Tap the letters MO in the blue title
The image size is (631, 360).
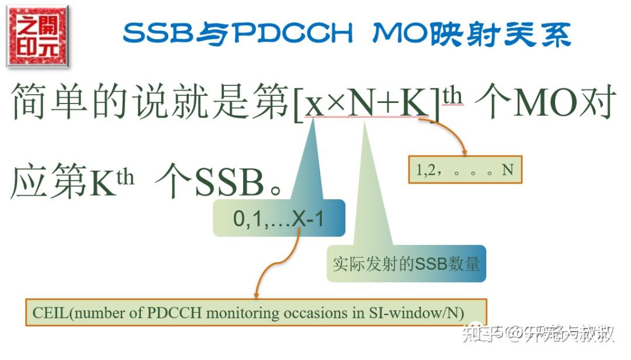[x=398, y=34]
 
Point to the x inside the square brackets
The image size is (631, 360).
[x=314, y=105]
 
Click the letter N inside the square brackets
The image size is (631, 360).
[x=363, y=105]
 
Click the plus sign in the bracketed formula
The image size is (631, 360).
[x=390, y=106]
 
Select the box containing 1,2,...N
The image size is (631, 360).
[x=464, y=170]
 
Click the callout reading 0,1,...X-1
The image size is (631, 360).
[x=279, y=219]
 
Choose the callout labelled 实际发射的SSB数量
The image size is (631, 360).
[x=406, y=264]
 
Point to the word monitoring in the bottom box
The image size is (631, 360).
[x=242, y=313]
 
